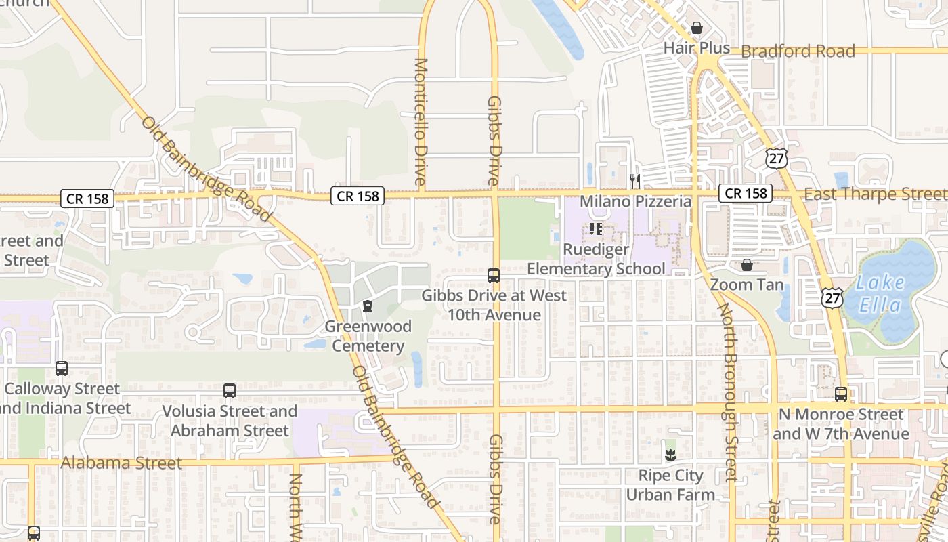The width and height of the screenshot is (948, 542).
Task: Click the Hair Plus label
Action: [x=696, y=48]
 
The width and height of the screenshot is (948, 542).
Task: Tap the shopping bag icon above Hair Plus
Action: [x=696, y=28]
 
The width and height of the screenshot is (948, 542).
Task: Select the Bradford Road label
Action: [x=798, y=51]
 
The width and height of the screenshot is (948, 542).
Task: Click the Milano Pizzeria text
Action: [x=635, y=201]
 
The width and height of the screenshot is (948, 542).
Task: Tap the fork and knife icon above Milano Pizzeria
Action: [x=635, y=181]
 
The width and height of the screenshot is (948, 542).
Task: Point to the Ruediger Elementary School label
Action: [x=596, y=259]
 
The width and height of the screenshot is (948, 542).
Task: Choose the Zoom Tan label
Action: [x=747, y=285]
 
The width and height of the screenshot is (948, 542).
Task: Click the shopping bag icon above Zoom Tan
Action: [x=747, y=264]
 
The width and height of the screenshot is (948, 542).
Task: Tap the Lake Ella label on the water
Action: [x=880, y=294]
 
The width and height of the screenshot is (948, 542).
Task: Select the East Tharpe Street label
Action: [x=875, y=194]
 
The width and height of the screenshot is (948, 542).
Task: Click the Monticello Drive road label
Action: [x=421, y=122]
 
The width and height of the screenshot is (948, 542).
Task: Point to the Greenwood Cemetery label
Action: [x=368, y=336]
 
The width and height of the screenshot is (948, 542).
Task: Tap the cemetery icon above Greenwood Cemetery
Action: [x=368, y=307]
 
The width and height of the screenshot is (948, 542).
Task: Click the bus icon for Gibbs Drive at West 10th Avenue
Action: [x=494, y=276]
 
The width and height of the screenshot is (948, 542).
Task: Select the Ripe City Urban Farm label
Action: [x=670, y=485]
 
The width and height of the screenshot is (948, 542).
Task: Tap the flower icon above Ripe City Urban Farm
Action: [x=670, y=455]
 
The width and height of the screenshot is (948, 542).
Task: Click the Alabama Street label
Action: [x=121, y=463]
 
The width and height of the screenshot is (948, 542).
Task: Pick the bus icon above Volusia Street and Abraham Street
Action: [x=230, y=391]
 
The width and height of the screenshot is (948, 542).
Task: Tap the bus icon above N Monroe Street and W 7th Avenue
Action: [x=841, y=394]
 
